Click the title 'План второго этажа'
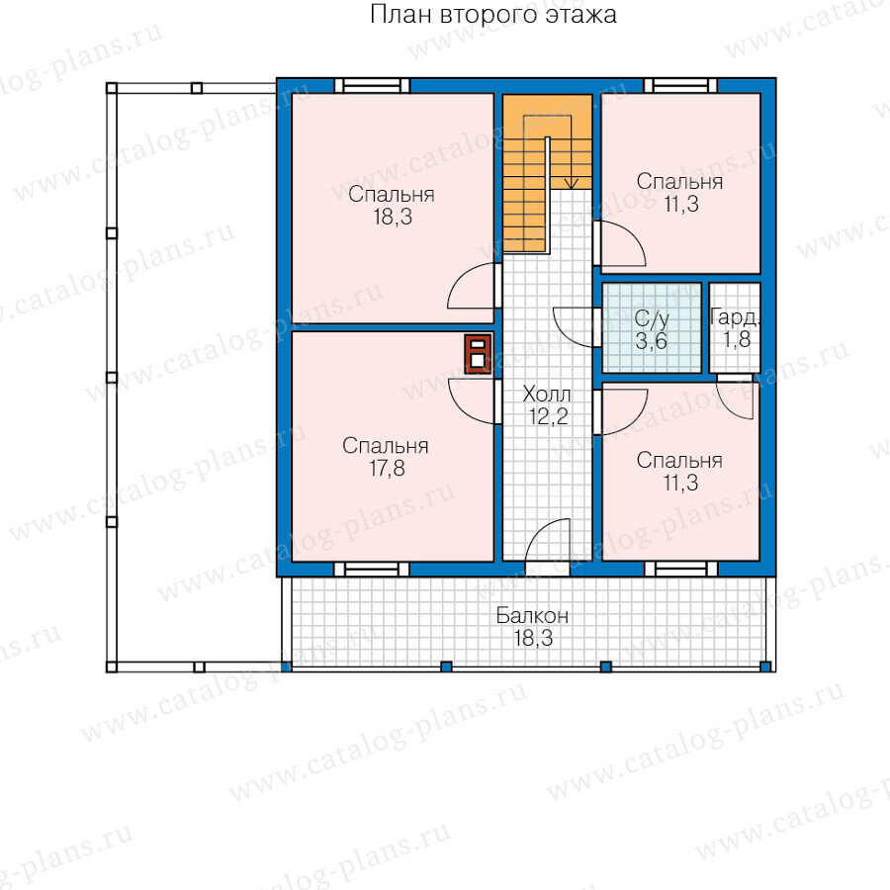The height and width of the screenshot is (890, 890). (x=492, y=15)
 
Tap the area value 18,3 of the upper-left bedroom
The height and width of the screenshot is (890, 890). (x=393, y=217)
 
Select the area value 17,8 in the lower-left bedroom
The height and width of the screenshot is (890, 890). (x=387, y=469)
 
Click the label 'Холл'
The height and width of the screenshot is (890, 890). (x=546, y=394)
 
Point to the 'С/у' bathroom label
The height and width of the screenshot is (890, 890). (x=652, y=319)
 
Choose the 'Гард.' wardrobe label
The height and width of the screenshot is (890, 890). (x=735, y=317)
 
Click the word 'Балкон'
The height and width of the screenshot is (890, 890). (x=532, y=615)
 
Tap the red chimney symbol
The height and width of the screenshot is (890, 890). (x=478, y=354)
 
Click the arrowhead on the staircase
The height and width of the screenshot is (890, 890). (x=572, y=184)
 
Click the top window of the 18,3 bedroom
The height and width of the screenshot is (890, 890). (x=372, y=86)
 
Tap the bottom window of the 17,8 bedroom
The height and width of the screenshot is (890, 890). (x=372, y=569)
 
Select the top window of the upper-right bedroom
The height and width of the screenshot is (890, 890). (x=680, y=86)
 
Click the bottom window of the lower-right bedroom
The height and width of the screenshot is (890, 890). (x=680, y=569)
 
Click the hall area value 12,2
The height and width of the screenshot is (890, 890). (x=548, y=416)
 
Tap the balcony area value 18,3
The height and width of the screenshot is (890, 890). (x=533, y=638)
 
